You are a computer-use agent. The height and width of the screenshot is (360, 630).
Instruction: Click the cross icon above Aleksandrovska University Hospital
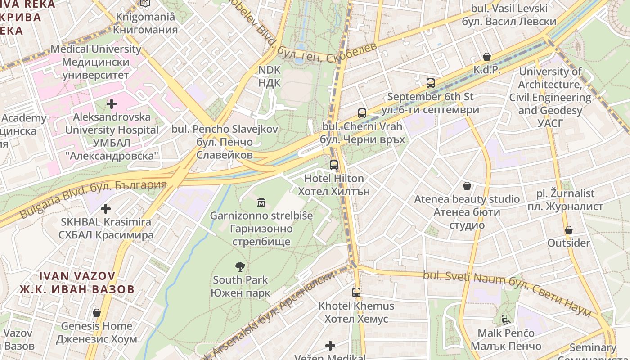click(111, 104)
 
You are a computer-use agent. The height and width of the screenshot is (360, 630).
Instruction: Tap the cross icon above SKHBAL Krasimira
click(106, 209)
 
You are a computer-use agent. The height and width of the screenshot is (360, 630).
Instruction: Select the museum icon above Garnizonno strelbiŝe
click(261, 202)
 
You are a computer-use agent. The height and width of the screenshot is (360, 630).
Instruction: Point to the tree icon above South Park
click(240, 267)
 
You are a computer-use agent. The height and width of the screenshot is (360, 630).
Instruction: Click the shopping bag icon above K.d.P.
click(486, 57)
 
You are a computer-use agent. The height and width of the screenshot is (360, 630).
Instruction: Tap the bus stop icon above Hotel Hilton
click(333, 165)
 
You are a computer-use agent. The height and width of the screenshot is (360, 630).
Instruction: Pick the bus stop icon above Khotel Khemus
click(356, 292)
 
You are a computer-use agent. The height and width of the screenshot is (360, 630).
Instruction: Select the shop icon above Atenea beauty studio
click(467, 185)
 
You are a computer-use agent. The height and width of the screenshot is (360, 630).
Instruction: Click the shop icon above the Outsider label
click(568, 230)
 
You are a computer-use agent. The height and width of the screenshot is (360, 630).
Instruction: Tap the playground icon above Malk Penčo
click(506, 320)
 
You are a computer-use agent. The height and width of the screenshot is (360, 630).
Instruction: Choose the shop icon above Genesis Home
click(96, 313)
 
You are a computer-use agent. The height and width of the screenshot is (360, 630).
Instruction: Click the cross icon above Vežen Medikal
click(330, 346)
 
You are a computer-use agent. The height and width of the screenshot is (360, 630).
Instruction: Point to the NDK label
click(270, 76)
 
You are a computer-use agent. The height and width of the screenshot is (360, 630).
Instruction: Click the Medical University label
click(96, 62)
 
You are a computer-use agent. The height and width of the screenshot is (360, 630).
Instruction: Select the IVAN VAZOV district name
click(77, 282)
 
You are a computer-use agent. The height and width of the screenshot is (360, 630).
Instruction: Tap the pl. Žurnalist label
click(565, 200)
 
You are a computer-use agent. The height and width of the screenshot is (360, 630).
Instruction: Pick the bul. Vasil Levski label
click(509, 15)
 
